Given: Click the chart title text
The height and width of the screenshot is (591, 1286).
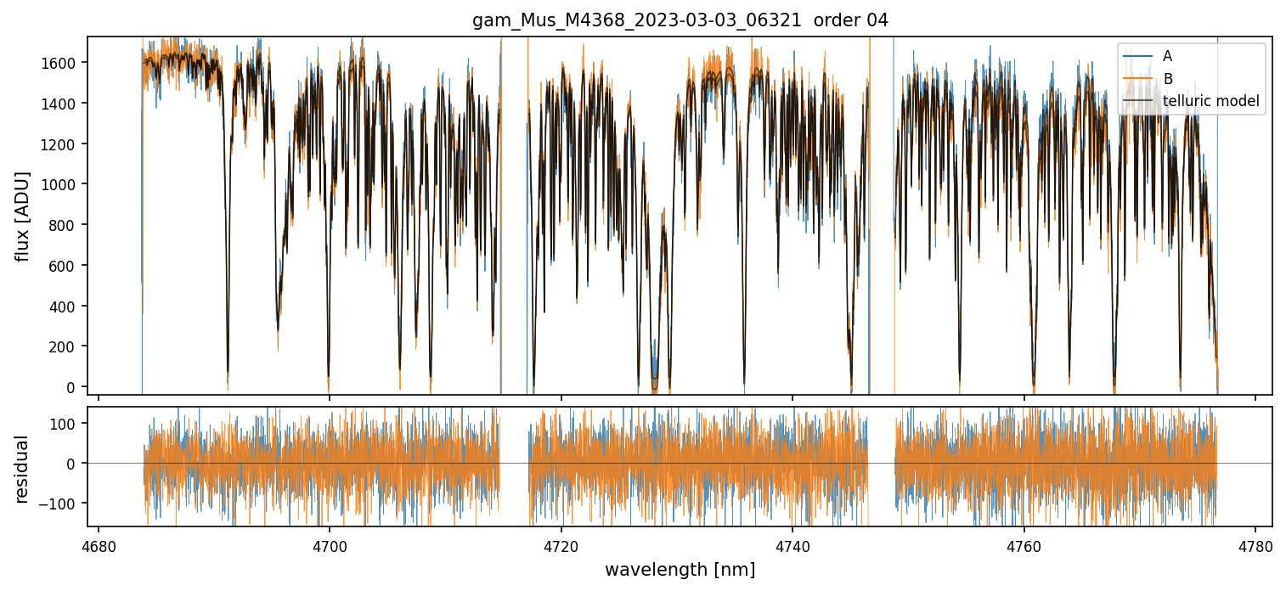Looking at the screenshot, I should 680,21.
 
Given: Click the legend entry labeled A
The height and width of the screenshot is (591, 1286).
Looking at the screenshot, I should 1167,56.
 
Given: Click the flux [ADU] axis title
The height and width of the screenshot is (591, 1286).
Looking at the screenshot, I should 23,216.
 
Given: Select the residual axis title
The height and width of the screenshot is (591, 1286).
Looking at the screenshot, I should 23,469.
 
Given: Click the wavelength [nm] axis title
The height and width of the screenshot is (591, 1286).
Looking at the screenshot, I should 680,570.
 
